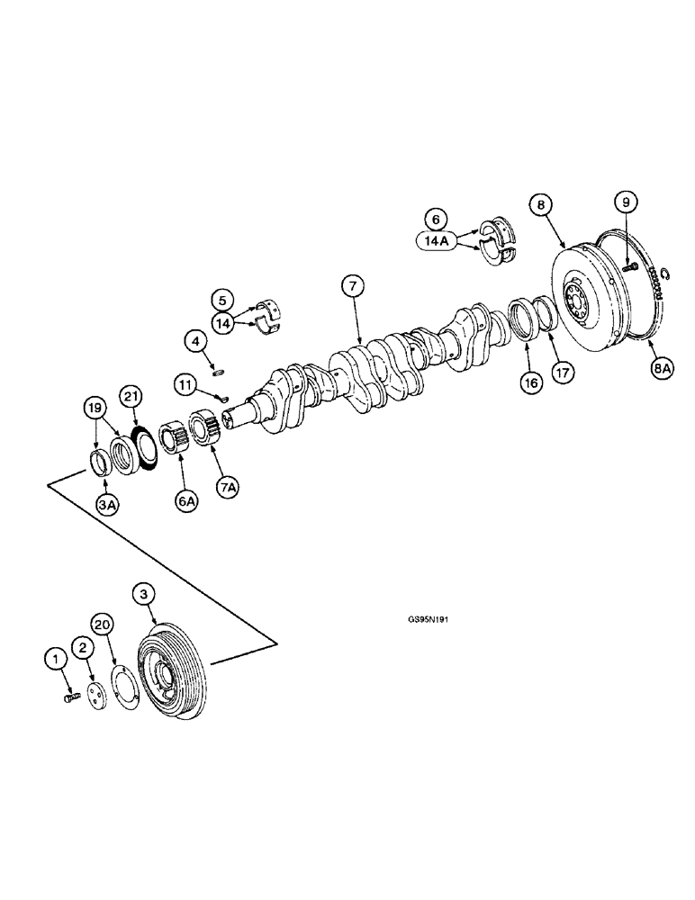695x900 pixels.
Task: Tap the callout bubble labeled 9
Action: coord(627,202)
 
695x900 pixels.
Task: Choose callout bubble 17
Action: coord(564,369)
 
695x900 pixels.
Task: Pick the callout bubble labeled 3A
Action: coord(108,506)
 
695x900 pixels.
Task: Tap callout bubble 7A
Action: coord(228,487)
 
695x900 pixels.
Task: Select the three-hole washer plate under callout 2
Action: coord(94,697)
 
